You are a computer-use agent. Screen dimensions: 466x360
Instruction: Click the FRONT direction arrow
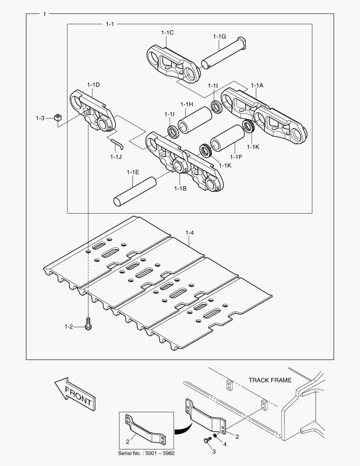74,394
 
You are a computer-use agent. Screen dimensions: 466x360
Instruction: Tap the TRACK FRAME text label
270,380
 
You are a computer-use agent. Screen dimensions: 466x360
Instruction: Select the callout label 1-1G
219,37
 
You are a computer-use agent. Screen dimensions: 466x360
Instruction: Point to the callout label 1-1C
167,32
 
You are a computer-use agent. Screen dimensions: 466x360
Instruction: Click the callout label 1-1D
93,85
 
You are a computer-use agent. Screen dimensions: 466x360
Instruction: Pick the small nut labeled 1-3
58,117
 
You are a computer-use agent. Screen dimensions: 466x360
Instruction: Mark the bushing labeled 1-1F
227,138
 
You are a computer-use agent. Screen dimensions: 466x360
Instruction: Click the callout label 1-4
190,233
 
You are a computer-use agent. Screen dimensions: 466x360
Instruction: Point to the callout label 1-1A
257,85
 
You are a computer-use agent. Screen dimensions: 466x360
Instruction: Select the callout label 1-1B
180,188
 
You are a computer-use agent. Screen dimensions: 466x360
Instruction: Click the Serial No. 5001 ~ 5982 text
147,453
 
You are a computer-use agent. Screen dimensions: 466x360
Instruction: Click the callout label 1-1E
133,172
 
